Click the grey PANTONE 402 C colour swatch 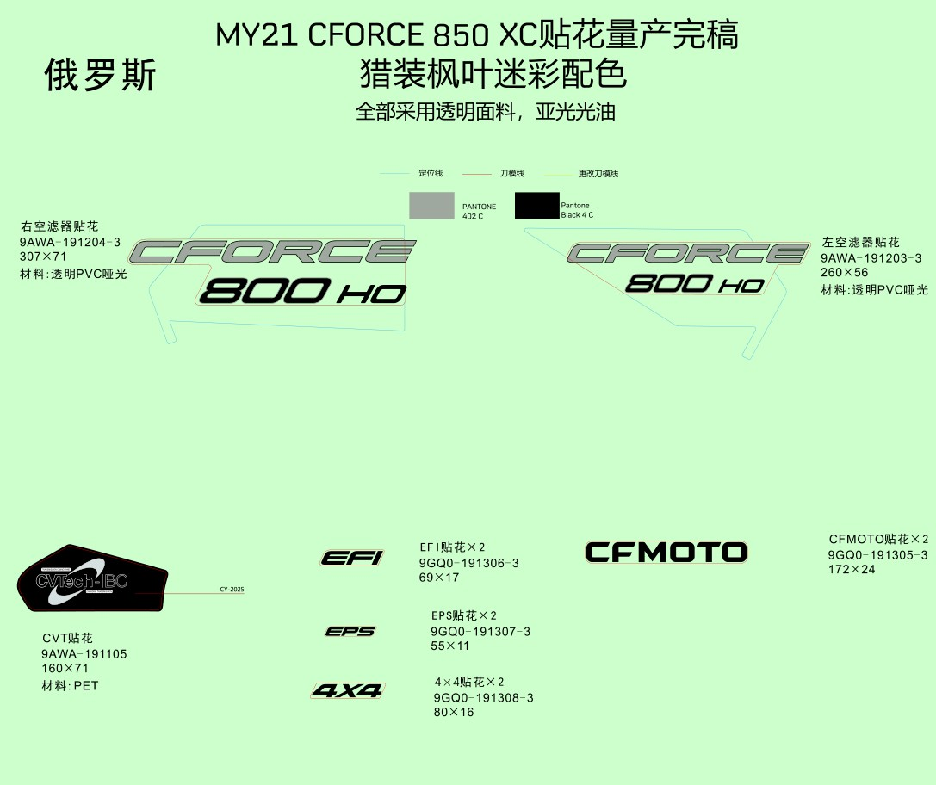pyautogui.click(x=431, y=206)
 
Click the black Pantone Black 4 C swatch pyautogui.click(x=536, y=206)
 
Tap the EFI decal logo pyautogui.click(x=351, y=558)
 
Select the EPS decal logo pyautogui.click(x=350, y=632)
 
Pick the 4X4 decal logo pyautogui.click(x=348, y=690)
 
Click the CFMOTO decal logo pyautogui.click(x=666, y=552)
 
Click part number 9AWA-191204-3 pyautogui.click(x=70, y=243)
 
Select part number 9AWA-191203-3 pyautogui.click(x=871, y=258)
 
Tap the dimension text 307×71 pyautogui.click(x=43, y=257)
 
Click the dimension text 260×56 pyautogui.click(x=845, y=273)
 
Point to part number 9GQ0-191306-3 pyautogui.click(x=468, y=563)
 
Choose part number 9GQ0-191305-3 pyautogui.click(x=877, y=555)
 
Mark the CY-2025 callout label pyautogui.click(x=232, y=590)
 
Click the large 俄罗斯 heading pyautogui.click(x=100, y=76)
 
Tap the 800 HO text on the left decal pyautogui.click(x=302, y=292)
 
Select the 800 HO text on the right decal pyautogui.click(x=694, y=283)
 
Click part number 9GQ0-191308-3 pyautogui.click(x=483, y=698)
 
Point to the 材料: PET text pyautogui.click(x=70, y=686)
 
